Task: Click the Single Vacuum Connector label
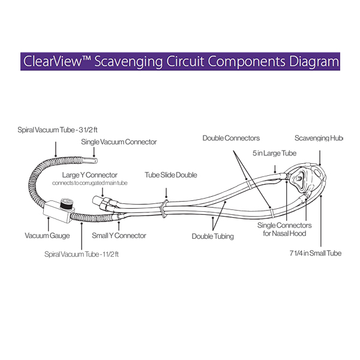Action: (x=119, y=142)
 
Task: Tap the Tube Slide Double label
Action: (x=171, y=175)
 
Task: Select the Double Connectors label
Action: (x=231, y=138)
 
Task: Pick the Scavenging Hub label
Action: (x=319, y=138)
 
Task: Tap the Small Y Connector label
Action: (x=119, y=236)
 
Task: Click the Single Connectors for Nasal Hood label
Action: (x=284, y=229)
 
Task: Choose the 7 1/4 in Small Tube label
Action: (x=315, y=253)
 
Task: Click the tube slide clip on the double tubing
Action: (x=163, y=206)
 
